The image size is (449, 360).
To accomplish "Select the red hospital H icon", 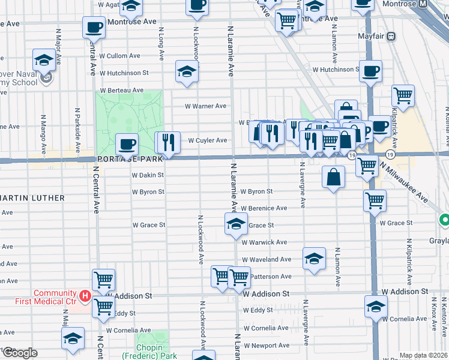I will (x=85, y=296).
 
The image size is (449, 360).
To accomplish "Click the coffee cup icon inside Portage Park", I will (x=127, y=144).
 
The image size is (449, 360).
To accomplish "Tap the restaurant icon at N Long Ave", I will (x=168, y=142).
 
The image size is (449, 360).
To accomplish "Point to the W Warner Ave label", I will (x=205, y=106).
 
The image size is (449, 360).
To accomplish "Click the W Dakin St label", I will (x=148, y=175).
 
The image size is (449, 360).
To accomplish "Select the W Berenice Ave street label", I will (x=264, y=208).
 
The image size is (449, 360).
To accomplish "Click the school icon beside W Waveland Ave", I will (x=315, y=259).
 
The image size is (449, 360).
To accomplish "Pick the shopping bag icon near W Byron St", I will (x=333, y=178).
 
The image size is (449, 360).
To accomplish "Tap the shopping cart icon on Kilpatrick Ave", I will (x=403, y=95).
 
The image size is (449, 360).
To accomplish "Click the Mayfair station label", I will (x=370, y=36).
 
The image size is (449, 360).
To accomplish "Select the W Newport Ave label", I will (x=266, y=346).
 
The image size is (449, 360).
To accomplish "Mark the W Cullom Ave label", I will (x=124, y=56).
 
